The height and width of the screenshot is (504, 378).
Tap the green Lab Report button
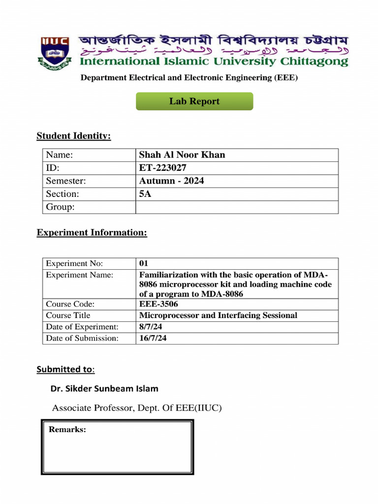tap(194, 101)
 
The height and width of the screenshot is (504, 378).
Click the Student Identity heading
tap(74, 136)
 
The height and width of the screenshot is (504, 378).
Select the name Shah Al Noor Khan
tap(182, 155)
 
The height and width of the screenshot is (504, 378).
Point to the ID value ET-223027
tap(163, 168)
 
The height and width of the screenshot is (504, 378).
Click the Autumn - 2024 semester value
tap(171, 181)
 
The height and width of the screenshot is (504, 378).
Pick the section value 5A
tap(145, 194)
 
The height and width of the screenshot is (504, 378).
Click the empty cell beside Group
tap(236, 207)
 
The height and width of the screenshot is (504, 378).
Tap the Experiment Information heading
tap(92, 232)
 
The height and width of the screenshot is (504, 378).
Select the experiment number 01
tap(144, 263)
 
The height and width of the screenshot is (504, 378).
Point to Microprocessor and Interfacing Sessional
tap(218, 315)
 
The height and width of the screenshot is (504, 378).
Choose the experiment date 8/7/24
tap(150, 327)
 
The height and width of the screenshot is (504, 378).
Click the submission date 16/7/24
tap(153, 338)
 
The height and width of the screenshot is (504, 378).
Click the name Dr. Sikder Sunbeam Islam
tap(104, 388)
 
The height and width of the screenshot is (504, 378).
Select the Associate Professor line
tap(137, 408)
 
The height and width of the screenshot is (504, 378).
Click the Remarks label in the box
tap(67, 430)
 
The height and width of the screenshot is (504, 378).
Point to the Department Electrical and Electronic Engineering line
tap(189, 77)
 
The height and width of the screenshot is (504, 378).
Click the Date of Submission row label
tap(82, 338)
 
